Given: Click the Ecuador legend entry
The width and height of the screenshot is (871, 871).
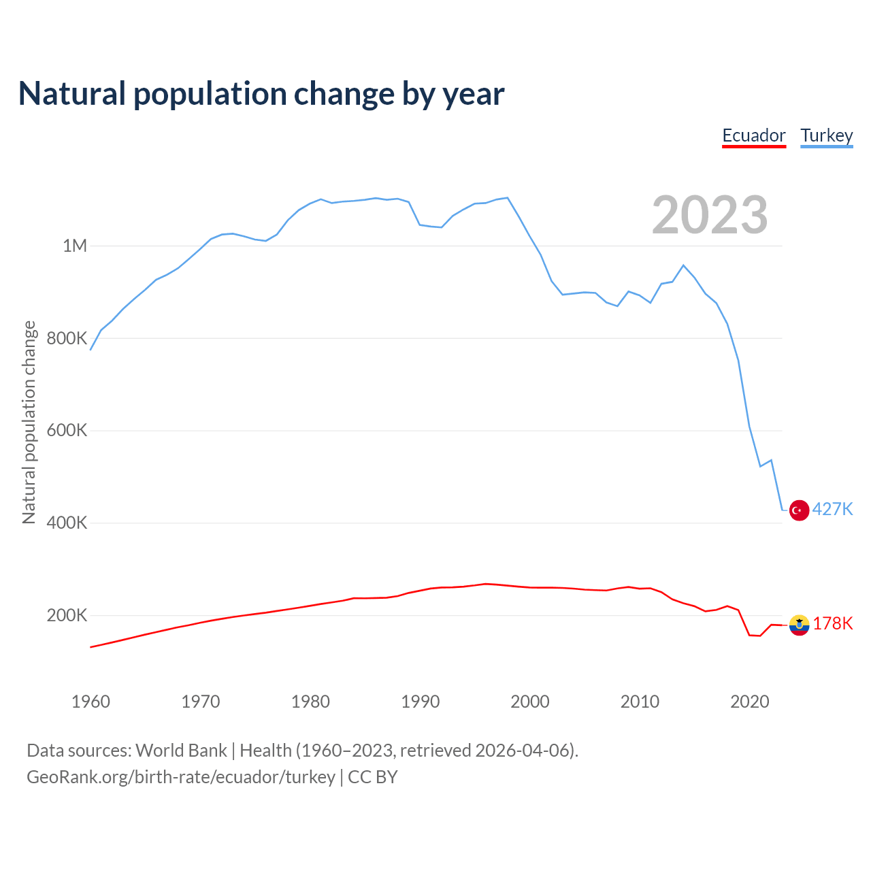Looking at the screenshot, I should pyautogui.click(x=754, y=135).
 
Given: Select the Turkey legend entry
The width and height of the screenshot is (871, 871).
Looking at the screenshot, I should pyautogui.click(x=827, y=135).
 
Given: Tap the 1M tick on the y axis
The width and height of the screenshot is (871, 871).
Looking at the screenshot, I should pyautogui.click(x=75, y=246).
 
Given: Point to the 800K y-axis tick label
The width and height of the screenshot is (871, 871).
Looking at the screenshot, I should pyautogui.click(x=67, y=338).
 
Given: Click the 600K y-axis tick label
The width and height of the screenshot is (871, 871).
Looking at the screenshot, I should pyautogui.click(x=67, y=431).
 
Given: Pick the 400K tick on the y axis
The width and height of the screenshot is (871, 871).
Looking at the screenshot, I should pyautogui.click(x=67, y=523).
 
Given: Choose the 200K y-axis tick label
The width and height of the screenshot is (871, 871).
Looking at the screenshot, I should pyautogui.click(x=67, y=616).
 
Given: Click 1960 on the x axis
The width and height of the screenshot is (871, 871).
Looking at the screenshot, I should pyautogui.click(x=91, y=702).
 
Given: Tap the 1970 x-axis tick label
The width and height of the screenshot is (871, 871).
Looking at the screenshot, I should pyautogui.click(x=201, y=702).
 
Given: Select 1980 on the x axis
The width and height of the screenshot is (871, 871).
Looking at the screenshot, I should pyautogui.click(x=310, y=702).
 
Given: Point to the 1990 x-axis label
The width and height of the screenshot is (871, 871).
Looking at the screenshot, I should pyautogui.click(x=421, y=702).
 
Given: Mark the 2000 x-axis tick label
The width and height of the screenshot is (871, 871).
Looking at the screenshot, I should pyautogui.click(x=530, y=702).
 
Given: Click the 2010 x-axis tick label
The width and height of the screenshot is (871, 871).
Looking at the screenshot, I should pyautogui.click(x=640, y=702).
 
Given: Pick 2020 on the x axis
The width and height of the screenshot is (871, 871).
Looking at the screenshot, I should pyautogui.click(x=750, y=702).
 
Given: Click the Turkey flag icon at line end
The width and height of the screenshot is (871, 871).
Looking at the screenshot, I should pyautogui.click(x=799, y=510).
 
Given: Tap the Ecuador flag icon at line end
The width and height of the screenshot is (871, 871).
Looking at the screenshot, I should pyautogui.click(x=799, y=625).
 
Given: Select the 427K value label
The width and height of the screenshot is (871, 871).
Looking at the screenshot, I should pyautogui.click(x=833, y=510).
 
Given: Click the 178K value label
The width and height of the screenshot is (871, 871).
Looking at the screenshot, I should pyautogui.click(x=833, y=624).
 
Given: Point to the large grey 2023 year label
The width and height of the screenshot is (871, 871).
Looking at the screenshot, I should pyautogui.click(x=710, y=215).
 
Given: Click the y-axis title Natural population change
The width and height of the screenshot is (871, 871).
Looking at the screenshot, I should pyautogui.click(x=29, y=423).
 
